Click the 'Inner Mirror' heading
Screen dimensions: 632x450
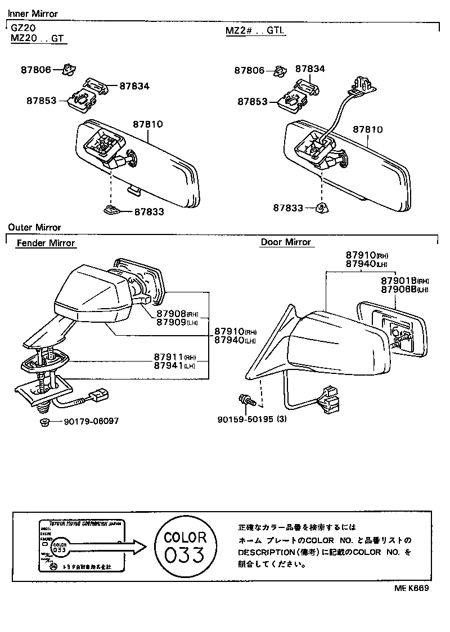pos(33,13)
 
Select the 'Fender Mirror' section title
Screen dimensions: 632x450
pos(46,243)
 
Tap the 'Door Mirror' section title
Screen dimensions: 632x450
pos(286,242)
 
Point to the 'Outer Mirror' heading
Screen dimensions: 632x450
pos(34,228)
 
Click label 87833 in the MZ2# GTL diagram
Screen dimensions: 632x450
pos(288,208)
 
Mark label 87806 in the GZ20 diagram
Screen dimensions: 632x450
pos(36,70)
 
